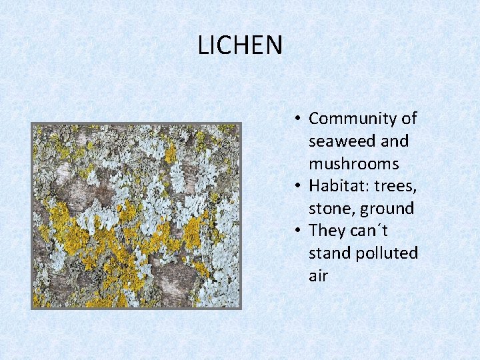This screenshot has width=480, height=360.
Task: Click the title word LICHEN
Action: coord(240,45)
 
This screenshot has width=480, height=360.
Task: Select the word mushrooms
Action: coord(353,164)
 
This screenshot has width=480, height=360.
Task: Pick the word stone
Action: coord(331,209)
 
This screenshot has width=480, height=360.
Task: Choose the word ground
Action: coord(387,209)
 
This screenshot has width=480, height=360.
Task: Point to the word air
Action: coord(318,276)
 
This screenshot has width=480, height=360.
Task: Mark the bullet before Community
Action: coord(298,119)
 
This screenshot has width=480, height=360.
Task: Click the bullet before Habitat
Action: coord(298,187)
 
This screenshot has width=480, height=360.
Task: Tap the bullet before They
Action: coord(298,231)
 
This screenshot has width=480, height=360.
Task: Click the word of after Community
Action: coord(408,119)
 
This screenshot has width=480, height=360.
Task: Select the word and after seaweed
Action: coord(394,141)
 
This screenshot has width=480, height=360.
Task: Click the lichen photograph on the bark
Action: coord(136,215)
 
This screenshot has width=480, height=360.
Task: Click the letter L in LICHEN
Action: coord(203,45)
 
